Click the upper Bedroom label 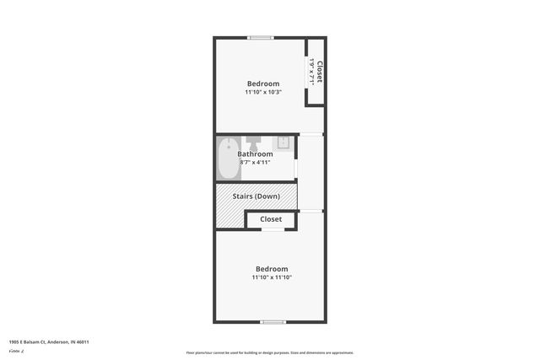coord(263,83)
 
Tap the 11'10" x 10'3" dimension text coord(263,92)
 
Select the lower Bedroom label coord(272,269)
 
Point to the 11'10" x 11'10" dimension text coord(272,277)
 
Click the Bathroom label coord(255,154)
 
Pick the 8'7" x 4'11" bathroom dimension coord(255,163)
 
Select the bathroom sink coord(284,142)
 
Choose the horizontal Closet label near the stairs coord(271,219)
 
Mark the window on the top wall coord(261,37)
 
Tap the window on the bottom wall coord(272,322)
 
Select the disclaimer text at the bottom coord(270,352)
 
